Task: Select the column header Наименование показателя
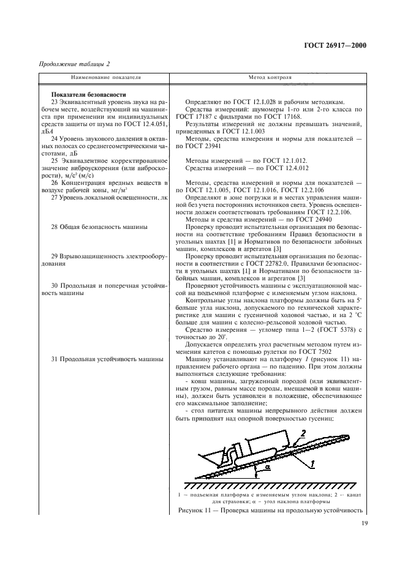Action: coord(106,78)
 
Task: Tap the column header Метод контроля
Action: coord(270,78)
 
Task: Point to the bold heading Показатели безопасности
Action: coord(88,94)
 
